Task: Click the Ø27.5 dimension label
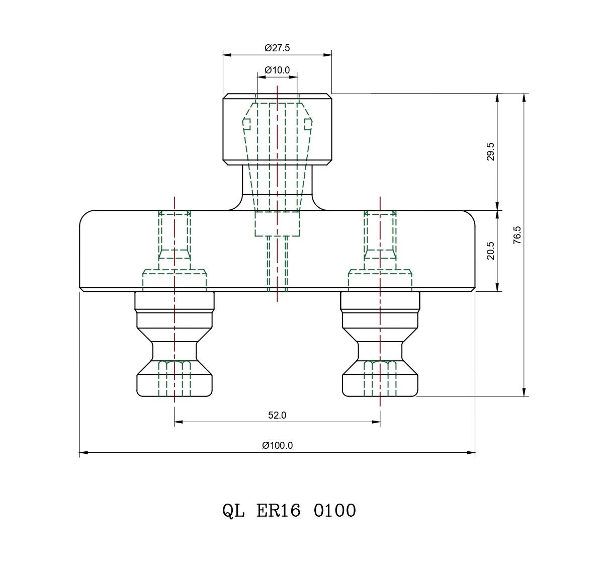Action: coord(277,48)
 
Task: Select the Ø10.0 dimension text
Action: coord(277,70)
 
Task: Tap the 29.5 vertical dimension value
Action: coord(490,151)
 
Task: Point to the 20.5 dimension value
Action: coord(490,251)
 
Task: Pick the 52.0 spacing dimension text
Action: coord(277,416)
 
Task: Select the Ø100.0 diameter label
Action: coord(277,445)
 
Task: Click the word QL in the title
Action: coord(233,511)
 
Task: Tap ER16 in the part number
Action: coord(278,511)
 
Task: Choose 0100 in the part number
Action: coord(335,511)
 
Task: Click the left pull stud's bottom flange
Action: coord(175,385)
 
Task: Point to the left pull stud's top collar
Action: coord(175,301)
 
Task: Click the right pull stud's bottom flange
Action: coord(380,385)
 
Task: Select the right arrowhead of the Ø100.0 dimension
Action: coord(472,453)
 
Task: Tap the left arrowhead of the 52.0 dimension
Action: coord(178,422)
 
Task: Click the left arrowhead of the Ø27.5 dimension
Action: coord(226,54)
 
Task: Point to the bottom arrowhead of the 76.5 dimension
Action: coord(524,392)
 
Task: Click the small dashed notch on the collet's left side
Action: coord(246,123)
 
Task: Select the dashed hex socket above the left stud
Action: coord(175,234)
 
